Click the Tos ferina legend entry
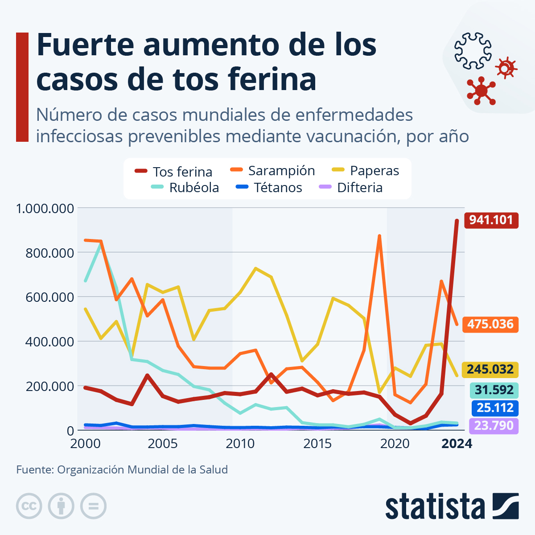coord(174,172)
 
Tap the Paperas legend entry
coord(366,171)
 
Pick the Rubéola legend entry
coord(185,188)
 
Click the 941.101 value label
coord(491,220)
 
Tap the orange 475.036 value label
coord(490,324)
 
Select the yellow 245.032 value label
coord(490,370)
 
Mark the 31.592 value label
coord(494,391)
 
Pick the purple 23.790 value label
coord(494,426)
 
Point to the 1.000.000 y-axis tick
coord(45,208)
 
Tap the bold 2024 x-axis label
coord(457,444)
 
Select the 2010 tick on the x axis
coord(240,444)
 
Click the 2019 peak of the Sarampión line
coord(379,236)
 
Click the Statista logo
coord(452,506)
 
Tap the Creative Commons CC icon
coord(29,506)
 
